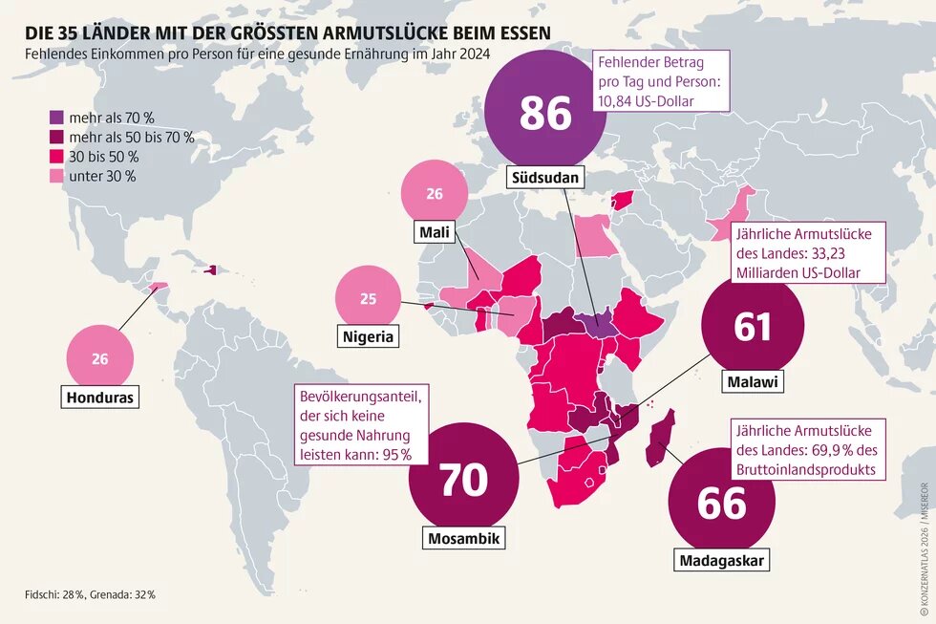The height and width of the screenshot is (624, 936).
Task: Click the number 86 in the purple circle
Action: (545, 113)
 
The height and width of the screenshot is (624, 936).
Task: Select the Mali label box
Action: (435, 232)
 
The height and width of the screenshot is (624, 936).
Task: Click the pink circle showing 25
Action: (368, 298)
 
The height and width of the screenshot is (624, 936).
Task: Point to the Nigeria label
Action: (368, 336)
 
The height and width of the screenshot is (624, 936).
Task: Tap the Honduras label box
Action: (99, 396)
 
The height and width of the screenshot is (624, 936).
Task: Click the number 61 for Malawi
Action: (752, 328)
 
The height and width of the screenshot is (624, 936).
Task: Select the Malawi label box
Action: (752, 382)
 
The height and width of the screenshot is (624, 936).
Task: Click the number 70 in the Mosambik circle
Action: (463, 480)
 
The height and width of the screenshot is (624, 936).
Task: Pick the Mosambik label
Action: (463, 539)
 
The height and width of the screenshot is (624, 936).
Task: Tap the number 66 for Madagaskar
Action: (721, 503)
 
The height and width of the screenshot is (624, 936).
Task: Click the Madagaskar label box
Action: (721, 561)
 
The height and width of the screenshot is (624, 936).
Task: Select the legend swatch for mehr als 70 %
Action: (56, 118)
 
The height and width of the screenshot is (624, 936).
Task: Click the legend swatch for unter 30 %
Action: (56, 176)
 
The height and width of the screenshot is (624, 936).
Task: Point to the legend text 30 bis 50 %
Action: (102, 157)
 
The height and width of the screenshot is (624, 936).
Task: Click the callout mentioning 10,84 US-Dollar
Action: (661, 80)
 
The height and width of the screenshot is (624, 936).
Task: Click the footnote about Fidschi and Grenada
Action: (91, 594)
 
